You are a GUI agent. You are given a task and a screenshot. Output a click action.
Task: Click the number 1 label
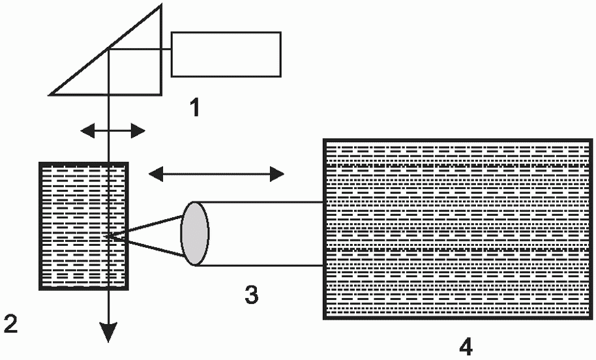194,106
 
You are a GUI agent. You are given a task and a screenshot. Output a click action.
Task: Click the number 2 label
11,322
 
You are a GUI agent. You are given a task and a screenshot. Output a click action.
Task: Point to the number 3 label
251,295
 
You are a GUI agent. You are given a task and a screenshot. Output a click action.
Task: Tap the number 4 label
466,346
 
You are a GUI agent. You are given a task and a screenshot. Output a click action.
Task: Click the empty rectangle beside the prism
226,54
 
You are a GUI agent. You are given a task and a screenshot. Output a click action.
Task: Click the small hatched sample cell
83,225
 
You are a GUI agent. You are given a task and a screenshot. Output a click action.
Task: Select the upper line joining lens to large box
261,202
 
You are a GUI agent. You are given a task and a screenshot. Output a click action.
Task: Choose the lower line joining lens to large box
261,265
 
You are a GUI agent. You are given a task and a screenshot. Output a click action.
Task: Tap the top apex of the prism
160,6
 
